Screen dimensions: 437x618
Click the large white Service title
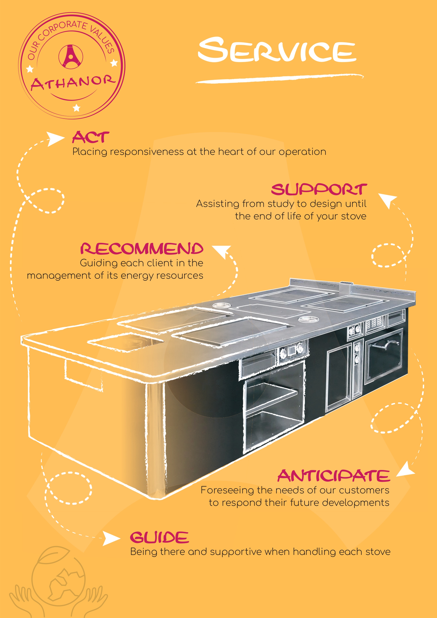pos(277,50)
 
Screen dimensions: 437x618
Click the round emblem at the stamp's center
pos(71,57)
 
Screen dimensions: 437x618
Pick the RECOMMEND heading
pos(142,248)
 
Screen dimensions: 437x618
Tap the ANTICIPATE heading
pos(334,476)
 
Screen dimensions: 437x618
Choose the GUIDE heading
pos(159,537)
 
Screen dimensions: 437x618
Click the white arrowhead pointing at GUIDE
pos(111,538)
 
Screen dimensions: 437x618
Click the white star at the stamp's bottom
pos(77,108)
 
